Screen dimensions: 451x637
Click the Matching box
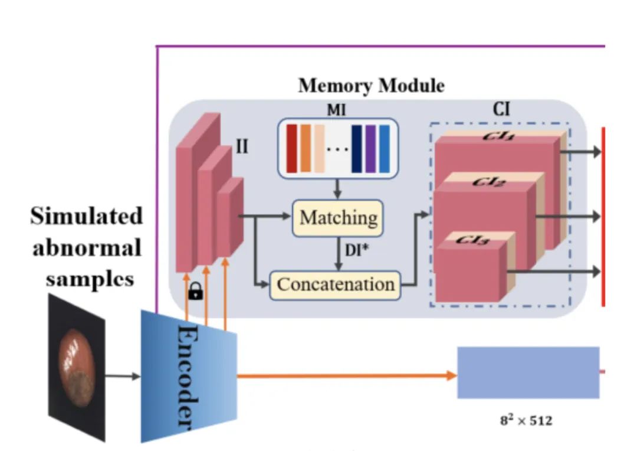[x=338, y=217]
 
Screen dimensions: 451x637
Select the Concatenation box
[x=335, y=285]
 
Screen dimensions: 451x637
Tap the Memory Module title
[x=371, y=86]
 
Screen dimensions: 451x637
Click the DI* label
[x=355, y=251]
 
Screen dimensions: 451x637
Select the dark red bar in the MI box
[x=291, y=149]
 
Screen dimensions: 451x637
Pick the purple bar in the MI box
[x=370, y=149]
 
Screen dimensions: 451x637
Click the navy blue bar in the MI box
[x=357, y=149]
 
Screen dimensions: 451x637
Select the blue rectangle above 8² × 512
[x=528, y=372]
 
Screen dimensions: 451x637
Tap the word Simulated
[x=87, y=216]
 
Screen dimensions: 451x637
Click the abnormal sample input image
[x=77, y=367]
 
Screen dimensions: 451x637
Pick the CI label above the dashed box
[x=501, y=110]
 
